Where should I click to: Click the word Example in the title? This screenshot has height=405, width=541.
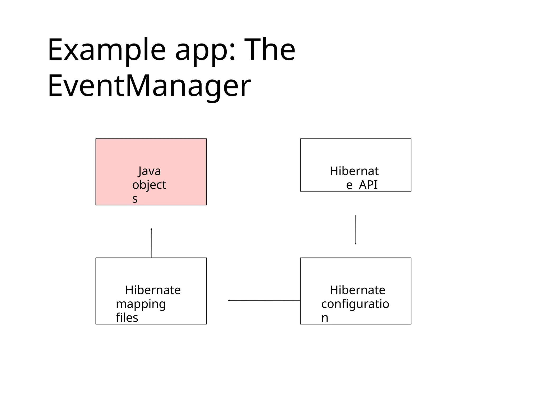click(106, 50)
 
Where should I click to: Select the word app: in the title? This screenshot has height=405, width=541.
click(205, 50)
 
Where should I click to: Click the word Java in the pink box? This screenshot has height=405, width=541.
click(150, 171)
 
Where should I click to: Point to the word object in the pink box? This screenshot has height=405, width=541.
click(149, 185)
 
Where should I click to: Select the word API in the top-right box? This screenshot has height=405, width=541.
click(368, 185)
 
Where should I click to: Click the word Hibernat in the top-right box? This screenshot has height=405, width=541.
click(354, 171)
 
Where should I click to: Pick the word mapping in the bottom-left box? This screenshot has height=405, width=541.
click(141, 304)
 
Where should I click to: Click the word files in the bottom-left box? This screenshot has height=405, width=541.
click(127, 318)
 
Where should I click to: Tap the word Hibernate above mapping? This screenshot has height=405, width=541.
click(153, 290)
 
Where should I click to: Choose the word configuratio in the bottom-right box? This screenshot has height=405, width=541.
click(355, 304)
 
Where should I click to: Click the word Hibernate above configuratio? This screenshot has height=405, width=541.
click(357, 290)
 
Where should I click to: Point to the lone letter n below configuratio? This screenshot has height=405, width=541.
click(325, 318)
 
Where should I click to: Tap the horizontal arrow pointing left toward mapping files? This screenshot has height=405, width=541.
click(264, 300)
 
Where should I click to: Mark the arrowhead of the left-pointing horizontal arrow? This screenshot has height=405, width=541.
click(229, 300)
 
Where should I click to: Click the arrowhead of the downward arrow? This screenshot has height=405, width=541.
click(356, 244)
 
